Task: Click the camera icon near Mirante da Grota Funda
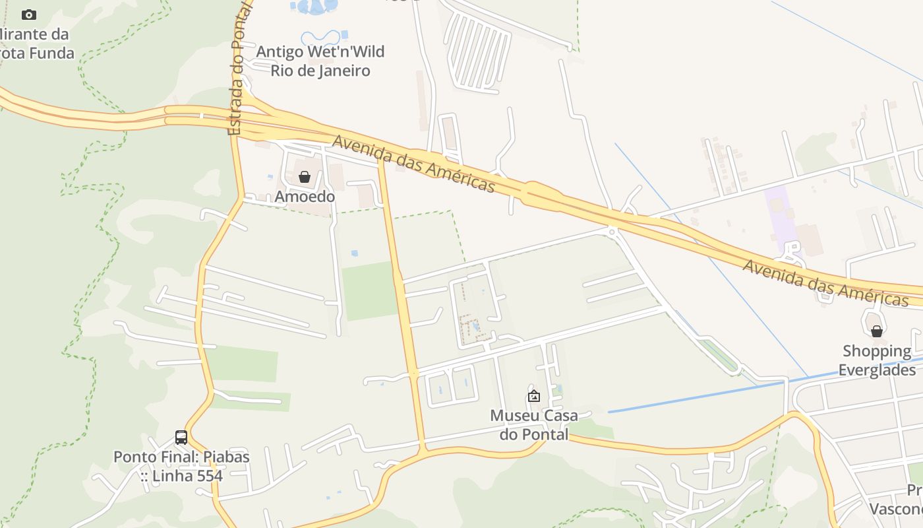point(29,15)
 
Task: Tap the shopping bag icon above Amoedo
point(305,177)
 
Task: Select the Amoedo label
point(305,197)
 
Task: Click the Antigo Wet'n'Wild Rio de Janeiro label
point(320,61)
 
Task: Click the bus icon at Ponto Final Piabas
point(181,437)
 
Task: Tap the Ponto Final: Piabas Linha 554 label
point(181,466)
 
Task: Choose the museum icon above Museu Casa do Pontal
point(534,396)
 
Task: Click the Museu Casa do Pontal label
point(534,425)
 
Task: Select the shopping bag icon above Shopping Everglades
point(877,331)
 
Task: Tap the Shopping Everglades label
point(877,360)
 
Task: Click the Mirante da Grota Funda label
point(36,44)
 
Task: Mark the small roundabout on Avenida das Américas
point(612,231)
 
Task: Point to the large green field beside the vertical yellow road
point(370,291)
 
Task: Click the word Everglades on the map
point(877,370)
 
